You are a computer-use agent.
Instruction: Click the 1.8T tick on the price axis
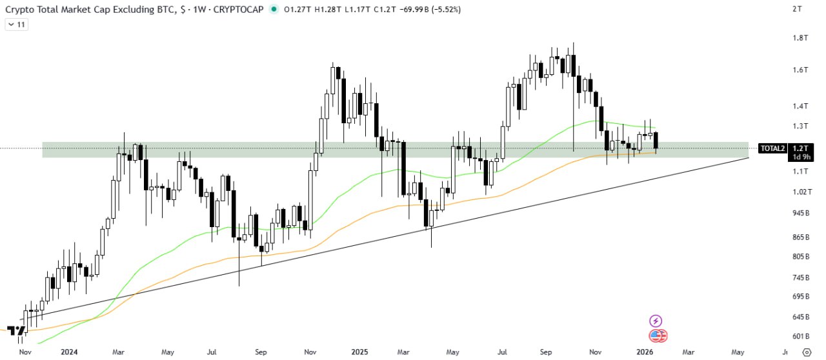pos(800,38)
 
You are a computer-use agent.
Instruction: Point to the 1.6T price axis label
pos(800,70)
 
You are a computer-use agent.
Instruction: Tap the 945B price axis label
pos(800,213)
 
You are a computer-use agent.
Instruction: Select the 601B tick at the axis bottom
pos(800,336)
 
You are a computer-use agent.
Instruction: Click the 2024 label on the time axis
pos(69,352)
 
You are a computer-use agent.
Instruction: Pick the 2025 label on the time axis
pos(358,352)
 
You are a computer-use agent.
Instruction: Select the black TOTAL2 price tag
pos(772,148)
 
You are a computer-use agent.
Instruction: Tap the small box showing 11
pos(16,25)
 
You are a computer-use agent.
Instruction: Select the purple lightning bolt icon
pos(656,321)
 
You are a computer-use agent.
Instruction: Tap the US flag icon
pos(658,335)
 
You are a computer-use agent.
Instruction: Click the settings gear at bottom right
pos(806,352)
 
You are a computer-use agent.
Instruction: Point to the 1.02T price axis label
pos(800,192)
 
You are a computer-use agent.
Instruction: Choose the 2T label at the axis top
pos(798,9)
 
